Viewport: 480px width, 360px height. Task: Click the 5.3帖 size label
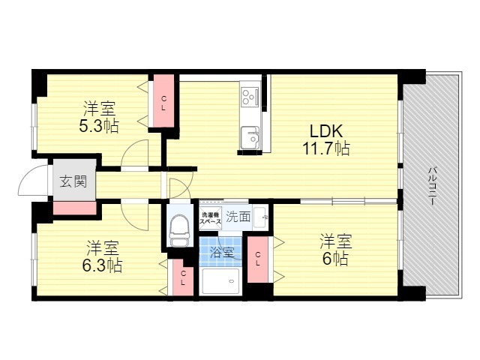coord(99,125)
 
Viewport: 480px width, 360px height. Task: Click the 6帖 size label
coord(335,259)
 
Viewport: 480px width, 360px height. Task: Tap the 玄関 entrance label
coord(73,181)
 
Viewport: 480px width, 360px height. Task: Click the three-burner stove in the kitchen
coord(250,97)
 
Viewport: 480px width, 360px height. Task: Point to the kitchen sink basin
coord(249,139)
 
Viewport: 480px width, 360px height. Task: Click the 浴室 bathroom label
coord(222,252)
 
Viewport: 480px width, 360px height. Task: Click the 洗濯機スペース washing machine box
coord(209,217)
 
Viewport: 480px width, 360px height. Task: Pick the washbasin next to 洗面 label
coord(262,217)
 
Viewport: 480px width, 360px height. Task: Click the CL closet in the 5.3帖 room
coord(163,101)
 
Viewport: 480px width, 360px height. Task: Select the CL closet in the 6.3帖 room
coord(182,279)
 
